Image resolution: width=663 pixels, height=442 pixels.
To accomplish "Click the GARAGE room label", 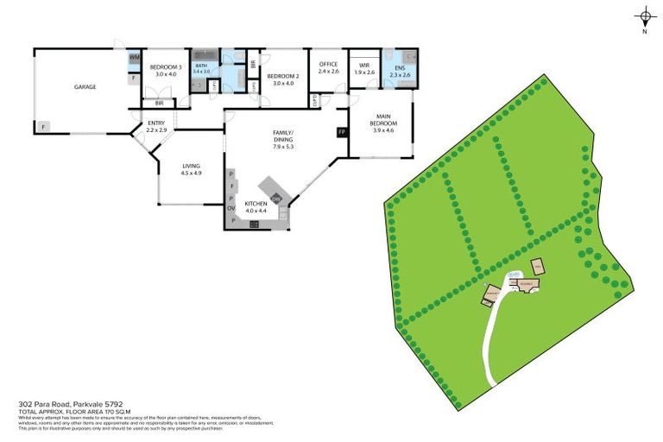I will (85, 86).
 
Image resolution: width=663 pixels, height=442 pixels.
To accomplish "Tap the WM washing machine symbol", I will (135, 58).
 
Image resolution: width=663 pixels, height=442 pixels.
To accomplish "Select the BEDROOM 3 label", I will (165, 67).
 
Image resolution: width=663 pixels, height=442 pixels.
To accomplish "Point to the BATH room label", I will (201, 66).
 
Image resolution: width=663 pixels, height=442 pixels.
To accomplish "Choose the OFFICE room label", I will (328, 65).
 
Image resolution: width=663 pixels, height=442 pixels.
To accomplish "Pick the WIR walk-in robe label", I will (364, 65).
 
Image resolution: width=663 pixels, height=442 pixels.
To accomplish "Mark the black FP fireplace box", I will (342, 132).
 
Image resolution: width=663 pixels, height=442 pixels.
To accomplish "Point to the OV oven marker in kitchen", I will (231, 208).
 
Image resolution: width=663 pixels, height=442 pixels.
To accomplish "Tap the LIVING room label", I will (191, 166).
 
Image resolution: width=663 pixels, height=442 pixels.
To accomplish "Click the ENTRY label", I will (156, 123).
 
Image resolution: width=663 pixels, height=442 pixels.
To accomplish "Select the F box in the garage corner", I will (42, 127).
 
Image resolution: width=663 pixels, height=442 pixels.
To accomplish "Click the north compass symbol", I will (645, 16).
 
